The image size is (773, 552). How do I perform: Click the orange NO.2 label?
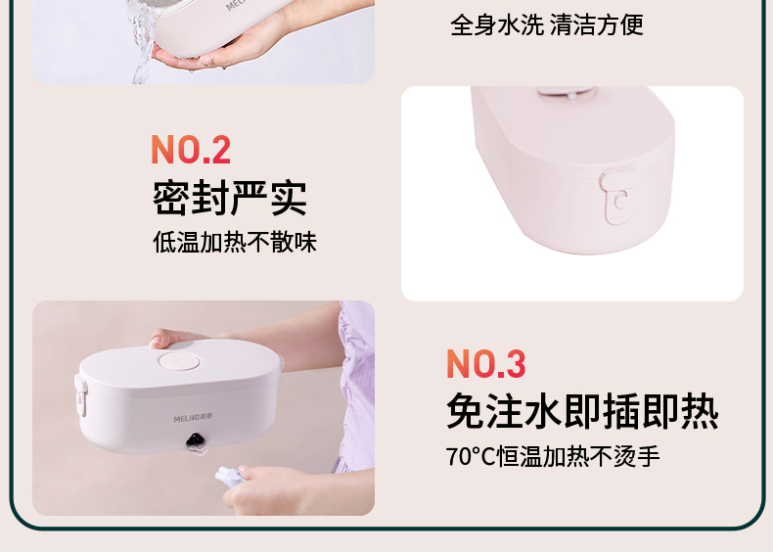[x=191, y=150]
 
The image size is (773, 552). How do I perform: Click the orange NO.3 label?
[x=486, y=364]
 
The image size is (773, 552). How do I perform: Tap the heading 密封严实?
[x=230, y=198]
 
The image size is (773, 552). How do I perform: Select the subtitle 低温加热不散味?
[x=235, y=242]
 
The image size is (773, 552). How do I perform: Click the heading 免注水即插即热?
[x=582, y=411]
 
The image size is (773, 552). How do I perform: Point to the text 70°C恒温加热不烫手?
[x=553, y=456]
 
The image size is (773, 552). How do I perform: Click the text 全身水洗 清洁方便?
[x=547, y=24]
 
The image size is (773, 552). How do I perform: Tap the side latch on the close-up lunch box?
[x=617, y=196]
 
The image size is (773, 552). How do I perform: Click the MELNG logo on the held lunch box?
[x=194, y=418]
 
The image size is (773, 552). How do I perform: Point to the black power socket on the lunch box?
[x=196, y=441]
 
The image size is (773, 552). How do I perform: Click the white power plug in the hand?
[x=228, y=476]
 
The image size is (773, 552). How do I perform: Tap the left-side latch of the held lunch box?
[x=81, y=393]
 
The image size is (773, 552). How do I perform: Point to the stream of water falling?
[x=142, y=42]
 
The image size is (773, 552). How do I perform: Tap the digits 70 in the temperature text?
[x=459, y=457]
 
